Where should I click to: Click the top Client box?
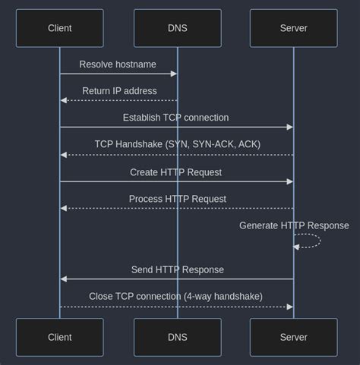59,29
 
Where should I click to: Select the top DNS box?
177,29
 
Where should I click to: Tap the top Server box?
293,29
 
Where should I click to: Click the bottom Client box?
59,337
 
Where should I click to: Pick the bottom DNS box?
177,337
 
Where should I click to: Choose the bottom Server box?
293,337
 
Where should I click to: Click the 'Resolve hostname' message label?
118,65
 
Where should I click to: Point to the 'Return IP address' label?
119,91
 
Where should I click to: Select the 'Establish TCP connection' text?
175,118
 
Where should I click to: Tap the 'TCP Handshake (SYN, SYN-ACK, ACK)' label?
177,144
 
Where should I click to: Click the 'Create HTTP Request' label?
175,172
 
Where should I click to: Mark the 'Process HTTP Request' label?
177,199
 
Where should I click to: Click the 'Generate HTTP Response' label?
294,225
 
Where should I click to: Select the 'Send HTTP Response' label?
177,269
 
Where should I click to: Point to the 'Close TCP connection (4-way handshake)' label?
175,296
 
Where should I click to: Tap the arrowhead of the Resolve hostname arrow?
174,74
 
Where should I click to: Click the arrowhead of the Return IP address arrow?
64,100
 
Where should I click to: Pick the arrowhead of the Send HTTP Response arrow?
64,279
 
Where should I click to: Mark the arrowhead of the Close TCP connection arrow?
289,307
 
